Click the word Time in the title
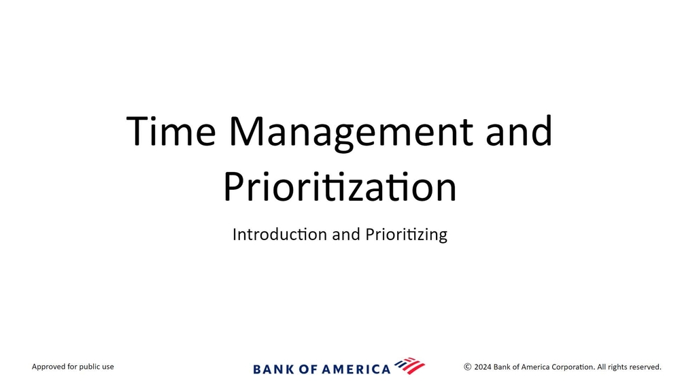pos(171,131)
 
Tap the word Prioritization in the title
pos(340,187)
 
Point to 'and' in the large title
pos(519,131)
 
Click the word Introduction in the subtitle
pos(279,234)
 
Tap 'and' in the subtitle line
pos(346,234)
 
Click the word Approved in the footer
pos(48,367)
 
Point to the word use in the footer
pos(108,367)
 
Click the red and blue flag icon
pos(410,366)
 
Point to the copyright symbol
pos(468,367)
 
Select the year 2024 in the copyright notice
pos(483,367)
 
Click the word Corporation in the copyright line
pos(573,367)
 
